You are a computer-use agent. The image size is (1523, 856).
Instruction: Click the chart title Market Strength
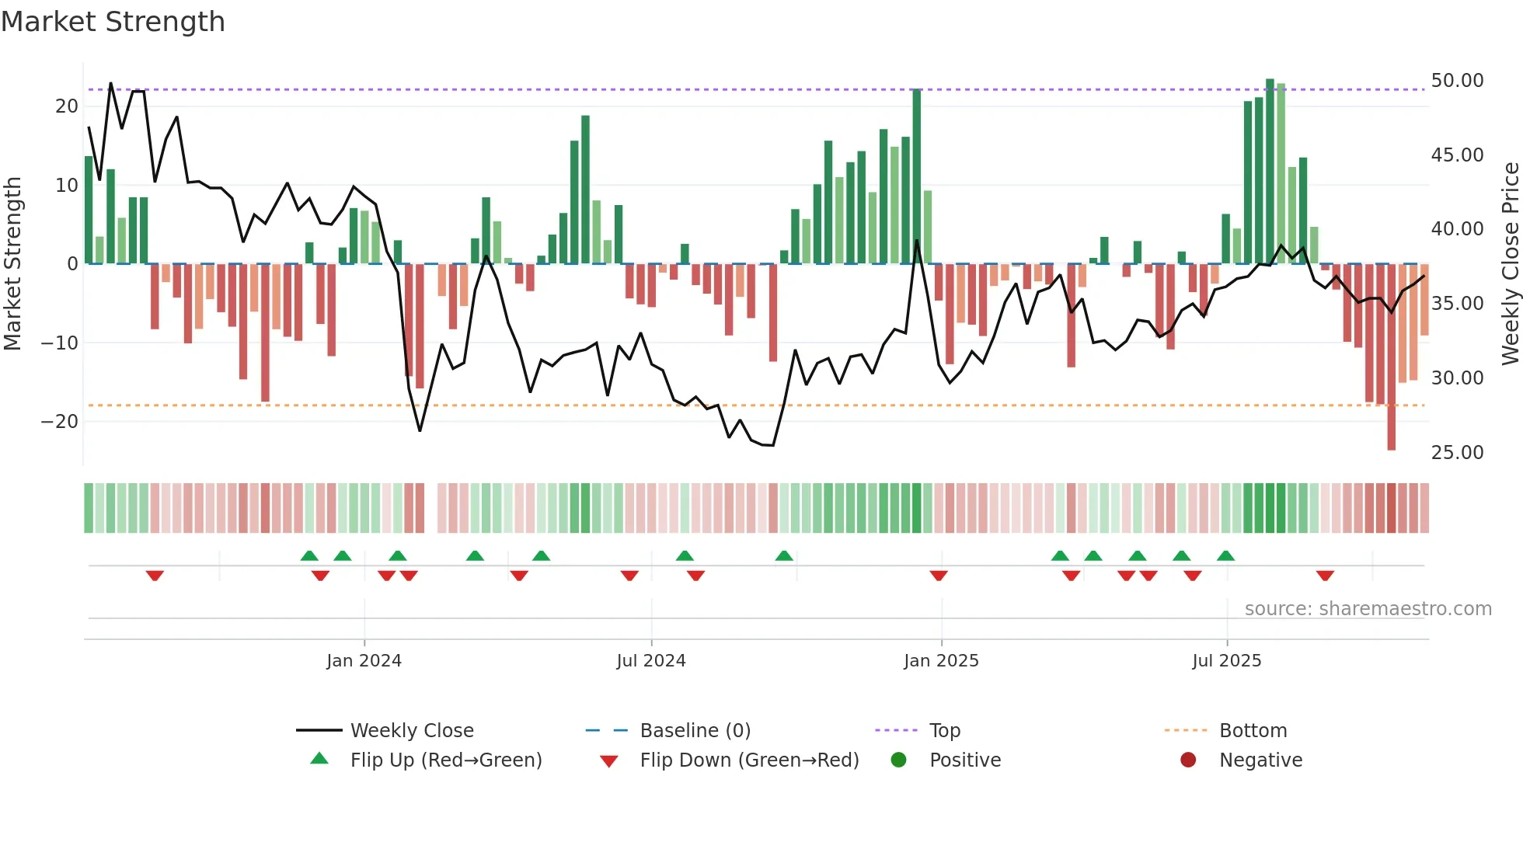[113, 22]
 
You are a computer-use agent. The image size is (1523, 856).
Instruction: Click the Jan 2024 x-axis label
[364, 661]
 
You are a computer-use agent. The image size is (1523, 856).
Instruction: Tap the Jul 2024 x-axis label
[651, 661]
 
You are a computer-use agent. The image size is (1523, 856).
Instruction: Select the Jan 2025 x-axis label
[941, 661]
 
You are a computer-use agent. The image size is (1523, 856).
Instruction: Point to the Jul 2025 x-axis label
[1227, 661]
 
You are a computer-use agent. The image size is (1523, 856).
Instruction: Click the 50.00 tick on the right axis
[1457, 81]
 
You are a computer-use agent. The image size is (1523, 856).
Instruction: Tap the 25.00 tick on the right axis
[1457, 453]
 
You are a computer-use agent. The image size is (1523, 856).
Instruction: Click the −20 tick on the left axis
[60, 422]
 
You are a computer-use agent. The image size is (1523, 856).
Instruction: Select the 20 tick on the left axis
[67, 106]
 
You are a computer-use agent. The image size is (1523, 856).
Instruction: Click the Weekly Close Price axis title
[1510, 264]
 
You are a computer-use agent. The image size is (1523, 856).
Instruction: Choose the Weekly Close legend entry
[411, 731]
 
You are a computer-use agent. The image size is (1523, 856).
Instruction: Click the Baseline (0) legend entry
[695, 731]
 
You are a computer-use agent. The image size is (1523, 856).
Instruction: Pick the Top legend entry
[944, 731]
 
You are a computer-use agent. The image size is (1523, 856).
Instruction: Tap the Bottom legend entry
[1253, 731]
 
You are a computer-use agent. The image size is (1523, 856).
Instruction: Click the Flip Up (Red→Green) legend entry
[445, 760]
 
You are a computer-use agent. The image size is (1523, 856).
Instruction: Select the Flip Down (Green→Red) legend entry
[749, 760]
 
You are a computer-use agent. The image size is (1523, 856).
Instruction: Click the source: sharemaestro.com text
[1368, 609]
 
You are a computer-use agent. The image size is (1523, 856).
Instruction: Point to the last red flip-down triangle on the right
[1325, 576]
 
